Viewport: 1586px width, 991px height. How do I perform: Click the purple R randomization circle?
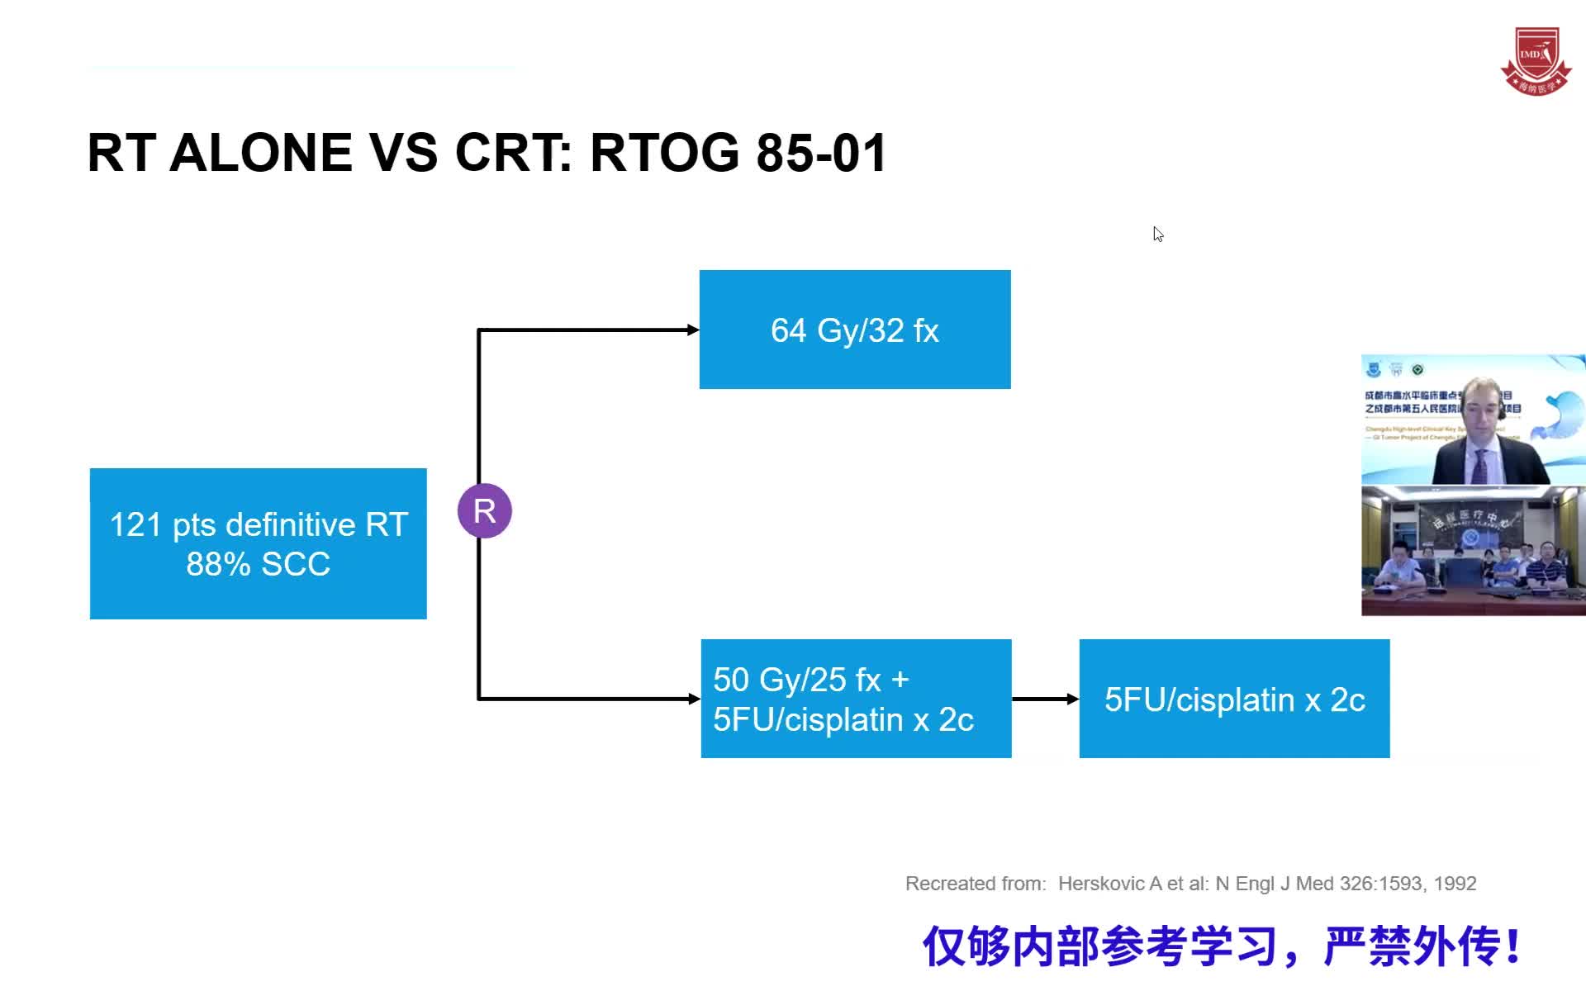[485, 510]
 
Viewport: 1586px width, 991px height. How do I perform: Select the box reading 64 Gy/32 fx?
[855, 330]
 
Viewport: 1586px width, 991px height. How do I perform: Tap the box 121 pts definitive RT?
[258, 543]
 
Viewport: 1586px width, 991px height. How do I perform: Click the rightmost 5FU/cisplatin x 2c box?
[1234, 699]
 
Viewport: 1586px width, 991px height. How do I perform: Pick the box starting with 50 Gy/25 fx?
[856, 699]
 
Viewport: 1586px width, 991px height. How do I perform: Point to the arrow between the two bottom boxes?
[1045, 699]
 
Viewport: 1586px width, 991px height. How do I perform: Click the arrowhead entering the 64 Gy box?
[693, 330]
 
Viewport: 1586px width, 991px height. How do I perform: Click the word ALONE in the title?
[261, 153]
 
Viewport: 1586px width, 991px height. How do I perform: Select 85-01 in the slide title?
[821, 153]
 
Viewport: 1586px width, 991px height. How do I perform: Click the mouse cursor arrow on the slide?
[1158, 235]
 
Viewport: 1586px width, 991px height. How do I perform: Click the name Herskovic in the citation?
[1102, 884]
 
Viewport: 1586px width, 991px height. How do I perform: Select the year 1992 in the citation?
[1455, 884]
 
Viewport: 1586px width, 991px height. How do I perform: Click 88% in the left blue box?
[218, 564]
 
